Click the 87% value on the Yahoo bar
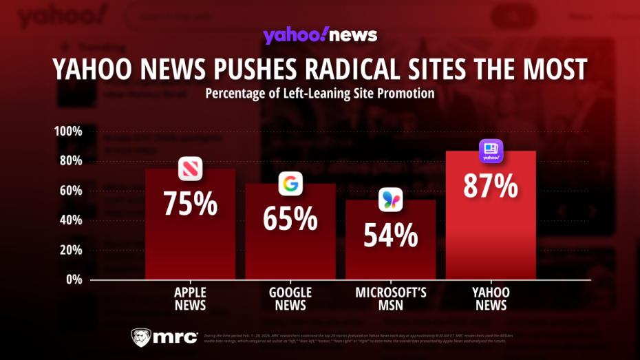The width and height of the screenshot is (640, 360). [491, 187]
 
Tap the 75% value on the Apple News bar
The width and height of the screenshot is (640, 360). [190, 204]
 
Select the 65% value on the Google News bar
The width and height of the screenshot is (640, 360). [290, 218]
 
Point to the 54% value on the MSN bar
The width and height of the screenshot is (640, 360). [390, 236]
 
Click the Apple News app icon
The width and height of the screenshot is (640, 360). [190, 169]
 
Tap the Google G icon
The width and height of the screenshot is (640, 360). [290, 184]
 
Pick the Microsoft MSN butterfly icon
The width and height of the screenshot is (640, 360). [391, 200]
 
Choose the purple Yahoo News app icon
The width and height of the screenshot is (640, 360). [491, 151]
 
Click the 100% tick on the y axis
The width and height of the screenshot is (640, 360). [68, 131]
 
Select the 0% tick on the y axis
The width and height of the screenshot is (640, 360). [74, 279]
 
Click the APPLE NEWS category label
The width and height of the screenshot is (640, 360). [190, 299]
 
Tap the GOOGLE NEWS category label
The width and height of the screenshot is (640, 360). [290, 299]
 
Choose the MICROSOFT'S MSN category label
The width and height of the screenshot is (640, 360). [390, 299]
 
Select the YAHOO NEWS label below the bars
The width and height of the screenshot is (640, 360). [491, 299]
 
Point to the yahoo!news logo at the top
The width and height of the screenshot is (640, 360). [319, 35]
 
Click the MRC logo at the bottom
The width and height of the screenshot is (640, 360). [164, 337]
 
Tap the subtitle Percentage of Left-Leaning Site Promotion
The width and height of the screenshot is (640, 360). [319, 94]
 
